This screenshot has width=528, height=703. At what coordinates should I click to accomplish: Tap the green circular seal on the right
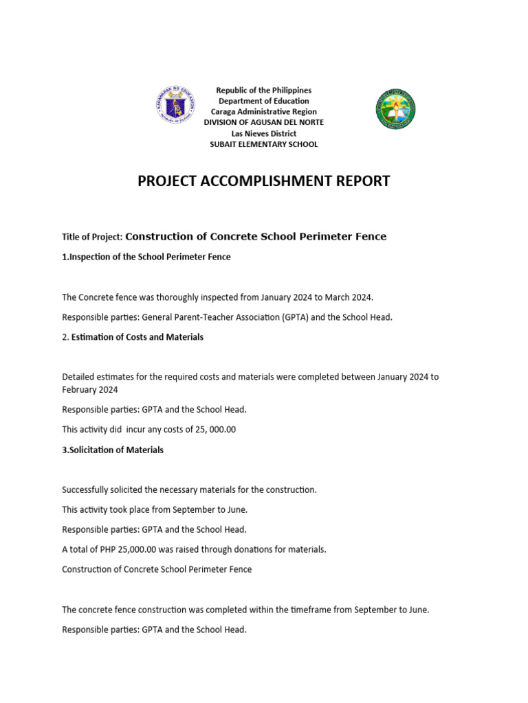point(395,109)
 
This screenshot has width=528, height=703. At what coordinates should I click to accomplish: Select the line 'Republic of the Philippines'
point(264,91)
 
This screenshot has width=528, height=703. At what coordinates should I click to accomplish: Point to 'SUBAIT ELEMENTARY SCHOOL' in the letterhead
point(264,144)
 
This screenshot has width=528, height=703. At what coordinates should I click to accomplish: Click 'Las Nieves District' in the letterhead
point(264,133)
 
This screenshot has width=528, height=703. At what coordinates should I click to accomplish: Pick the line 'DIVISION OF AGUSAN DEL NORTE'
point(264,122)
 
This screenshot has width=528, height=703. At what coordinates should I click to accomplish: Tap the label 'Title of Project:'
point(92,237)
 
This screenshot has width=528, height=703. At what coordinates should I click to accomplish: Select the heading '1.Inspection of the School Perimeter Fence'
point(146,257)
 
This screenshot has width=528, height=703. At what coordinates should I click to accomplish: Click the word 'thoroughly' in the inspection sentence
point(179,297)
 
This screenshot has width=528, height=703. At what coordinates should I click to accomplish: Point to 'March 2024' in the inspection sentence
point(349,297)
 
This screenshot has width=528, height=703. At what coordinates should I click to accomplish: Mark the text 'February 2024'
point(90,389)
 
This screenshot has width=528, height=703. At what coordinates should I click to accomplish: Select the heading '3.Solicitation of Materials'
point(113,450)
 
